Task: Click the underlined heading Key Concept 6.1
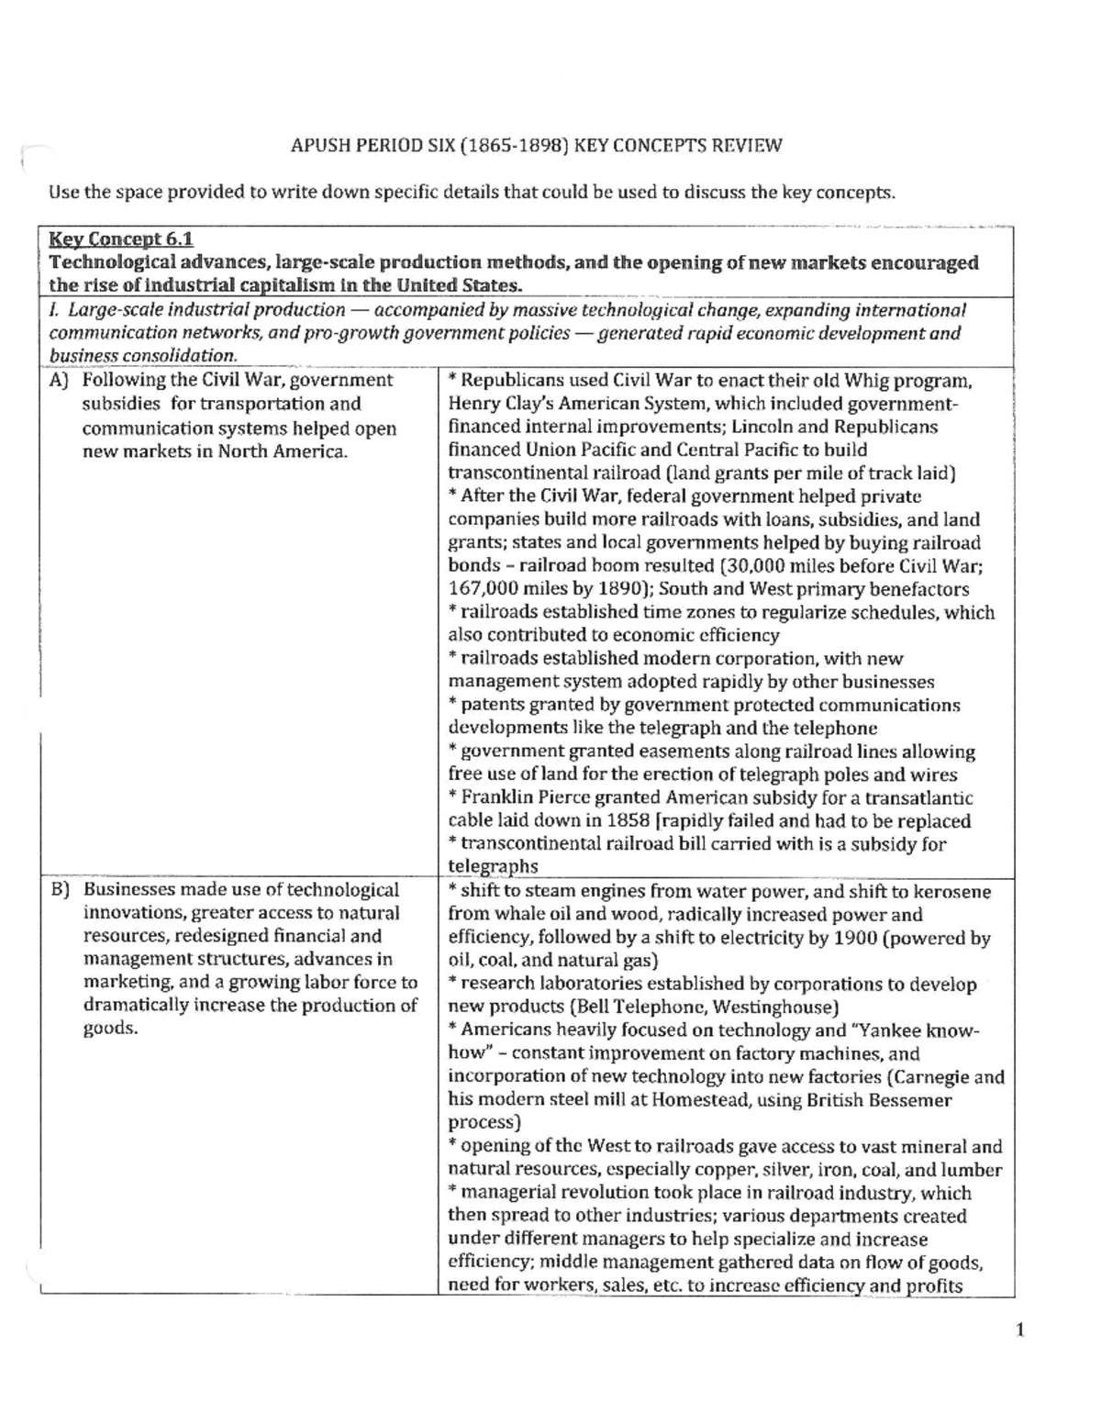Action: tap(120, 239)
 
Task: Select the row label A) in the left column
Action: tap(61, 380)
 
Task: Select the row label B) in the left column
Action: tap(61, 890)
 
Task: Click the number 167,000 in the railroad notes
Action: tap(483, 589)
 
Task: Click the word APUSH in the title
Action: tap(317, 145)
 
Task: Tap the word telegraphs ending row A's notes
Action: tap(493, 866)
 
